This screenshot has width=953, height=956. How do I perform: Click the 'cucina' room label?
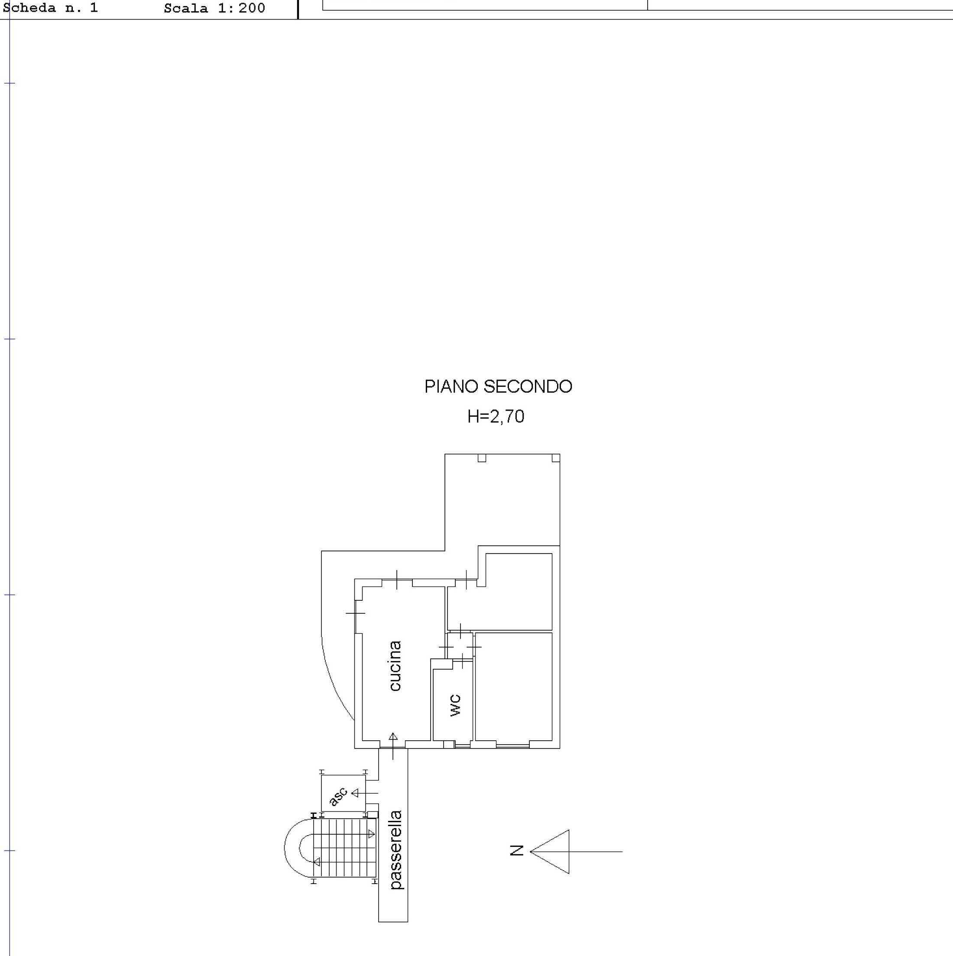coord(395,665)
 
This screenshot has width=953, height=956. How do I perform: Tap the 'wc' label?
coord(455,705)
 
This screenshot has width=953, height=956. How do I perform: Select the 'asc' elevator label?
coord(338,796)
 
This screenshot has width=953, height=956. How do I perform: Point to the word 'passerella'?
coord(396,849)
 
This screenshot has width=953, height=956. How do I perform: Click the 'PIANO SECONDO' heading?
coord(498,386)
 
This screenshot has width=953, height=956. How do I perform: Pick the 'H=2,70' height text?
coord(496,417)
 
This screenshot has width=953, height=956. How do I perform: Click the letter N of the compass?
coord(517,851)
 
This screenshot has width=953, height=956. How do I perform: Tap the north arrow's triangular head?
coord(550,852)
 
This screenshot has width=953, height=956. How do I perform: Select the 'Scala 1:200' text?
coord(215,8)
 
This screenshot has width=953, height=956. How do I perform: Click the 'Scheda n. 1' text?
coord(51,8)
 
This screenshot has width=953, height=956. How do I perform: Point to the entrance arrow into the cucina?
coord(393,746)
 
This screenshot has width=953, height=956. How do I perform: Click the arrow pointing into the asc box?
coord(364,793)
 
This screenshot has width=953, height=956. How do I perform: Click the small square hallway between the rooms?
coord(460,646)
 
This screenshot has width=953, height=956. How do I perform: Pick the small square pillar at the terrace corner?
coord(556,458)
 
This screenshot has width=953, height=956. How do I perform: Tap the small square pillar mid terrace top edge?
coord(482,458)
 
